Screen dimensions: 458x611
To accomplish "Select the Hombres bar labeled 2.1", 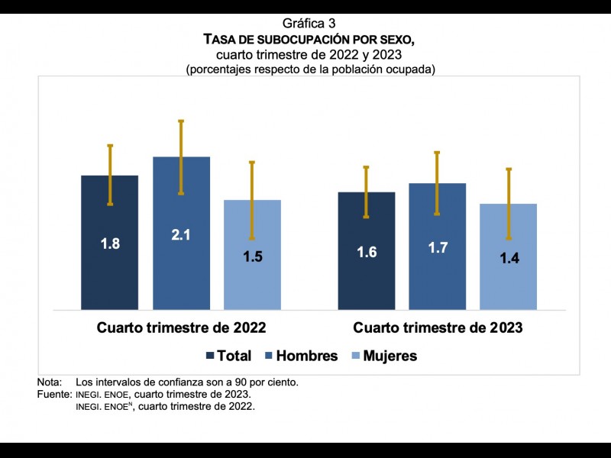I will click(181, 267).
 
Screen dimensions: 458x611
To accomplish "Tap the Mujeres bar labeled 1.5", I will click(252, 282).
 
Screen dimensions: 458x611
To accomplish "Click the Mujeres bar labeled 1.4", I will click(508, 282).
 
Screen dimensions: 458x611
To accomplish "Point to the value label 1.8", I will click(110, 244).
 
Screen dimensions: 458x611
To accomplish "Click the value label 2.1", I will click(181, 235).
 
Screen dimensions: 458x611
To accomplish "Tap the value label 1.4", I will click(509, 259).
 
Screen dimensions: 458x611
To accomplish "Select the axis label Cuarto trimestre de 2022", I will click(181, 328).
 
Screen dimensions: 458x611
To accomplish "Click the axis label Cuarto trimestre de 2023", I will click(438, 328).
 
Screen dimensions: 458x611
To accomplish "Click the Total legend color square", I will click(210, 356).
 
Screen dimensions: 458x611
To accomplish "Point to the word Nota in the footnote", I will click(49, 382).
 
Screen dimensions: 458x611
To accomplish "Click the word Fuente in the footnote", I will click(53, 394).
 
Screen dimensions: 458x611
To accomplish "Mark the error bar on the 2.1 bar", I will click(181, 156).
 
